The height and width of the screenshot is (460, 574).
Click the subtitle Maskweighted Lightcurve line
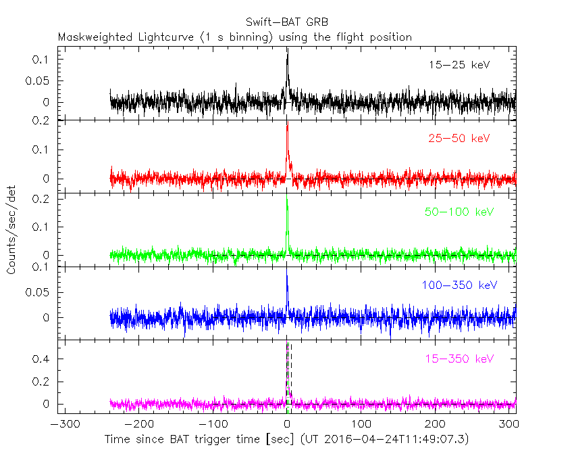[x=234, y=37]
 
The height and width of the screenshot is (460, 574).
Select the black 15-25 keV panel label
[x=459, y=66]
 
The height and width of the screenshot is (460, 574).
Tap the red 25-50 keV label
[x=459, y=139]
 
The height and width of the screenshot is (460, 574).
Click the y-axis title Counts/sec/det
[x=12, y=231]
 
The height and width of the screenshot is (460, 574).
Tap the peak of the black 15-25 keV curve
[x=287, y=49]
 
